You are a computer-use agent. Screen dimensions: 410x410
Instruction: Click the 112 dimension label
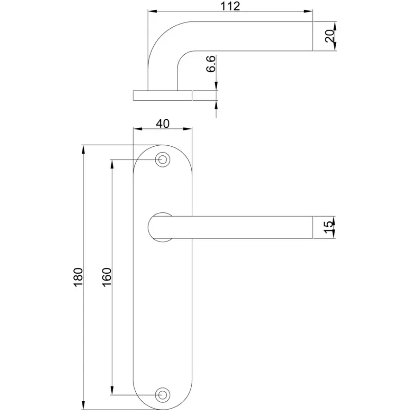pyautogui.click(x=230, y=6)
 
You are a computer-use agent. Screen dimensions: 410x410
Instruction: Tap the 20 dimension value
pyautogui.click(x=330, y=36)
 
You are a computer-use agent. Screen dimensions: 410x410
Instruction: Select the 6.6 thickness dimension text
pyautogui.click(x=211, y=63)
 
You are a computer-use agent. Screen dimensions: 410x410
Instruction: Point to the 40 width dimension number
pyautogui.click(x=163, y=123)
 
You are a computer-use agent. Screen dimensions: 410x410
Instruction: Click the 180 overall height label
pyautogui.click(x=78, y=277)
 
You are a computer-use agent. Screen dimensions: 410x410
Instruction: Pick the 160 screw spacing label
pyautogui.click(x=107, y=277)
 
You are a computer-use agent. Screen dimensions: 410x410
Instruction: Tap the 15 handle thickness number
pyautogui.click(x=329, y=227)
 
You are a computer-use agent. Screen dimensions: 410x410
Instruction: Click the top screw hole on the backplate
pyautogui.click(x=162, y=159)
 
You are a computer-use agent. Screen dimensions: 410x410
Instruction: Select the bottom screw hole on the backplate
pyautogui.click(x=162, y=395)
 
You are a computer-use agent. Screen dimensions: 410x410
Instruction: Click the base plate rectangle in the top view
pyautogui.click(x=163, y=96)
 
